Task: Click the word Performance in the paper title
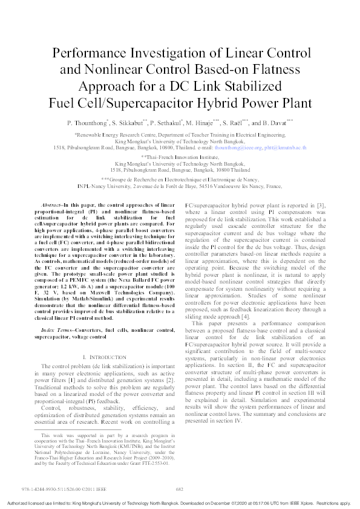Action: (x=89, y=54)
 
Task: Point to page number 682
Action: (x=179, y=490)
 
